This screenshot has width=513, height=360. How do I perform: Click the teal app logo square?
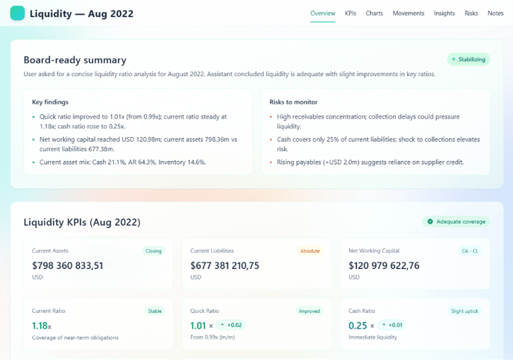point(17,13)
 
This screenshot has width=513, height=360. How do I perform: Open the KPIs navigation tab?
point(350,13)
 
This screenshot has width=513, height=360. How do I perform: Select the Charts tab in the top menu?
point(374,13)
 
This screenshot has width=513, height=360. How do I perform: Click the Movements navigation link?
point(409,13)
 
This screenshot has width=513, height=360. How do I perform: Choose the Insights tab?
point(444,13)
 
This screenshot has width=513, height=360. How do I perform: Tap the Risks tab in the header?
point(471,13)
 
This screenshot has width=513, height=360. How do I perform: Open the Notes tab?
point(495,13)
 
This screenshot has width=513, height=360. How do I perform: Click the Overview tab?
point(323,13)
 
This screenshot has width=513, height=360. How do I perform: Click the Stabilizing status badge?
point(469,60)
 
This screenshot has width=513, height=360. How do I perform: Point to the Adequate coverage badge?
point(456,221)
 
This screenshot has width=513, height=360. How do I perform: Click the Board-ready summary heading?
point(75,60)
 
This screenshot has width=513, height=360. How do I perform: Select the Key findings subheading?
point(51,101)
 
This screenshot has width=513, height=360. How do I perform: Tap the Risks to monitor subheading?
point(294,101)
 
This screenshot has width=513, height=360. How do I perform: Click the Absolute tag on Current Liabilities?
point(309,251)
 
